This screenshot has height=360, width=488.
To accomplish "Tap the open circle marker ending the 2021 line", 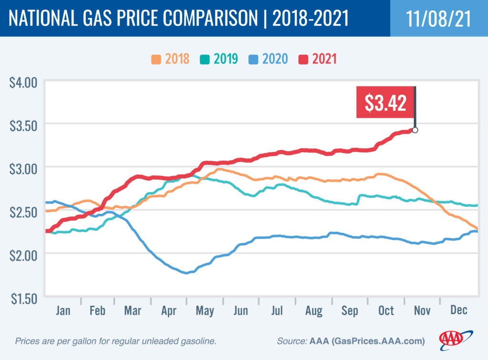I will (x=415, y=130).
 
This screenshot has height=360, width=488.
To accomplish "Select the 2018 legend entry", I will (x=171, y=59).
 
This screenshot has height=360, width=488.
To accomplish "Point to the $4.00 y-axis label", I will (x=23, y=82).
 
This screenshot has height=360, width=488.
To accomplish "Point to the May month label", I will (x=205, y=310).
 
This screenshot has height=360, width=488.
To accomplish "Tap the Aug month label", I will (x=313, y=310).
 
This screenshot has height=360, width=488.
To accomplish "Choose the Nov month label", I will (x=422, y=310).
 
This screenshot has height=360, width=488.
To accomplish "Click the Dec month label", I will (x=458, y=310).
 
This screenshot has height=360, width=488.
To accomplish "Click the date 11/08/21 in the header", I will (x=438, y=18).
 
